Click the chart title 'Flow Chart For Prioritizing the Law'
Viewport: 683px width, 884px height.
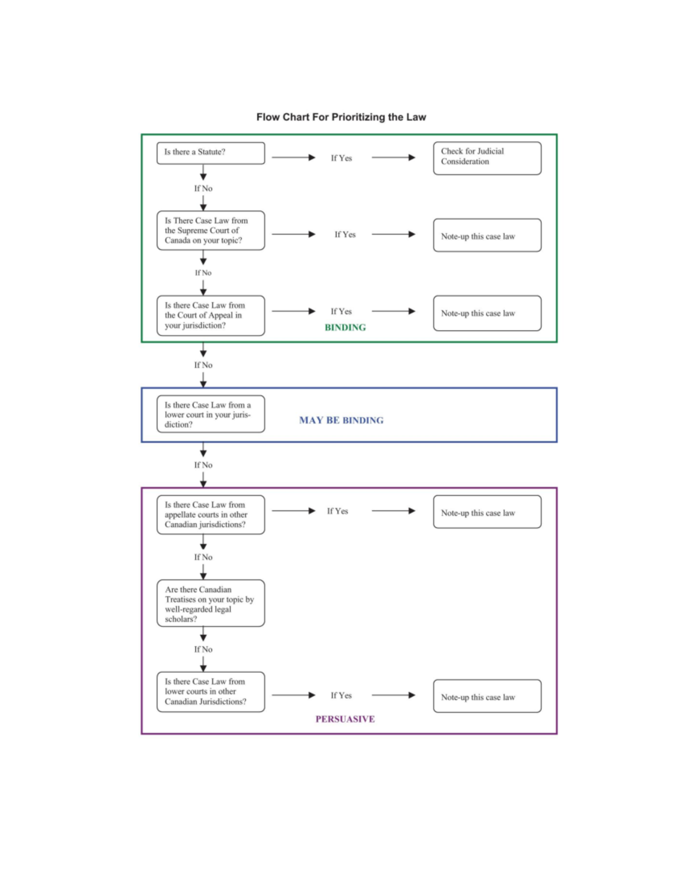coord(341,117)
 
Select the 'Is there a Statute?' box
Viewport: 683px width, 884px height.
coord(211,153)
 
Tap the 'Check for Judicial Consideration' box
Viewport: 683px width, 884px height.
coord(487,158)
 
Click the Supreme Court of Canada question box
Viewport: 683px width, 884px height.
coord(211,231)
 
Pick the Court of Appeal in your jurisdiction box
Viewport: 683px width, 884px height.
coord(211,315)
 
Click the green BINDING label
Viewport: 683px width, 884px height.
coord(345,327)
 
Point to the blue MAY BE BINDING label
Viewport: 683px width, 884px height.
coord(341,420)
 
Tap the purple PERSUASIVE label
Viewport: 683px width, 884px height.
coord(345,719)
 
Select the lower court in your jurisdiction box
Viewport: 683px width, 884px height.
coord(211,414)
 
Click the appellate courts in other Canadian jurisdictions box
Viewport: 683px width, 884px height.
coord(211,515)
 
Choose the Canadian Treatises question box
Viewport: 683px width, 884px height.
coord(211,603)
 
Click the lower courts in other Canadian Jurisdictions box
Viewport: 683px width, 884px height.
coord(211,692)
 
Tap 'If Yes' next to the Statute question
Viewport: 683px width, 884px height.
coord(341,158)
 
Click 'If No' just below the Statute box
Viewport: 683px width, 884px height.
coord(203,188)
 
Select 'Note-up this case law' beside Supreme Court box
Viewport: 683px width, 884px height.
coord(487,236)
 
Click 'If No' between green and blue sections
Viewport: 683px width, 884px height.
coord(203,365)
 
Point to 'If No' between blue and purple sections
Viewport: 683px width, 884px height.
coord(203,465)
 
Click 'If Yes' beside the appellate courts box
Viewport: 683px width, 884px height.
coord(338,511)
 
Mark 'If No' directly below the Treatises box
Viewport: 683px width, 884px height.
coord(203,649)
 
